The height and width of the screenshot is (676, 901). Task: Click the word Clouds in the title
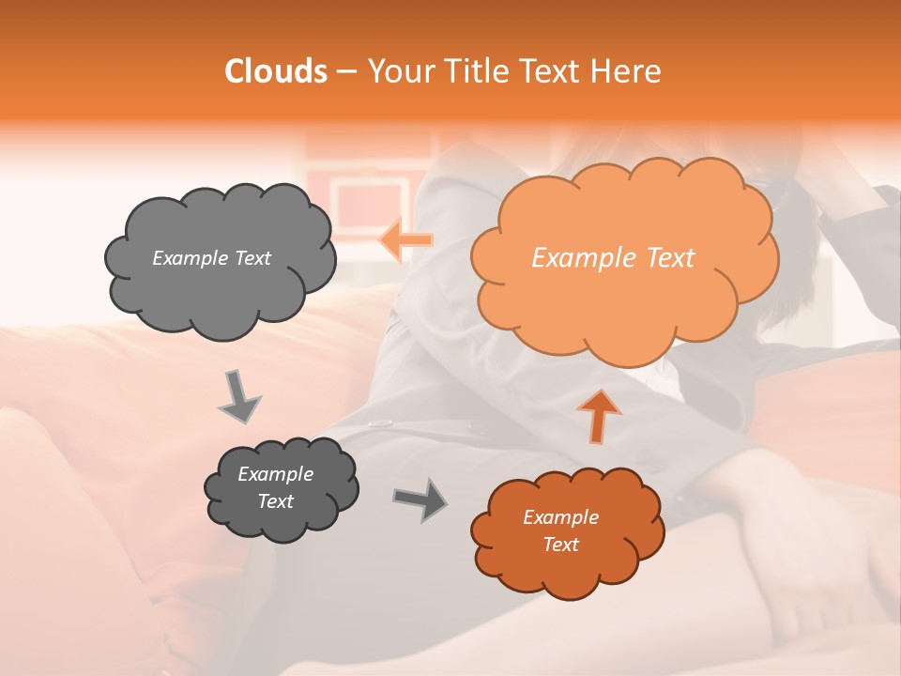tap(276, 71)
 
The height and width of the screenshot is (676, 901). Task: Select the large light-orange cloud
tap(623, 300)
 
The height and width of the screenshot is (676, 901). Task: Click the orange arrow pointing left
tap(405, 240)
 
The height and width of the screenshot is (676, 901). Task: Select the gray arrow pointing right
tap(420, 499)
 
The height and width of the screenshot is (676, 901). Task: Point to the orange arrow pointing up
tap(599, 415)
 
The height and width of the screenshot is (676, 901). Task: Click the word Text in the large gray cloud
tap(251, 258)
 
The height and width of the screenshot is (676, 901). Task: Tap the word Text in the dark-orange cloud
tap(560, 545)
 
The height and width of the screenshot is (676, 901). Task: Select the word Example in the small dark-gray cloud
tap(275, 474)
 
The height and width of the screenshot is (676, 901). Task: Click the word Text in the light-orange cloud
tap(670, 258)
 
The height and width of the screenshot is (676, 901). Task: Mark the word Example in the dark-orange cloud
tap(560, 517)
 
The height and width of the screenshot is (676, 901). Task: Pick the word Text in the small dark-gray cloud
tap(275, 501)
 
